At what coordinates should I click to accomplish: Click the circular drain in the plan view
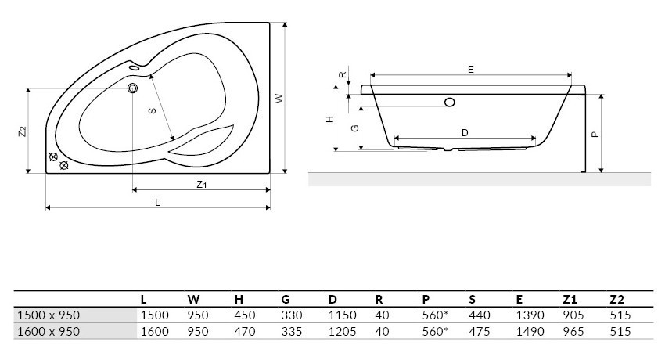pyautogui.click(x=133, y=88)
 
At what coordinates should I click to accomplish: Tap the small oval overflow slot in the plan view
pyautogui.click(x=135, y=67)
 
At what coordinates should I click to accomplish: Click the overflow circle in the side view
pyautogui.click(x=450, y=103)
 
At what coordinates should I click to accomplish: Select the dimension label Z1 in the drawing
pyautogui.click(x=201, y=185)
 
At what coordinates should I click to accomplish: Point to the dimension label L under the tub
pyautogui.click(x=157, y=203)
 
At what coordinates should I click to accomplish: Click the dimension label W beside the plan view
pyautogui.click(x=279, y=98)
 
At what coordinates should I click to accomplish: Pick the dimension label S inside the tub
pyautogui.click(x=153, y=111)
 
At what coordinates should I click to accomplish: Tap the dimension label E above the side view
pyautogui.click(x=471, y=70)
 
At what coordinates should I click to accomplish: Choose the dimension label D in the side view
pyautogui.click(x=465, y=133)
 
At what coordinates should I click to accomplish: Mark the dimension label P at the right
pyautogui.click(x=595, y=135)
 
